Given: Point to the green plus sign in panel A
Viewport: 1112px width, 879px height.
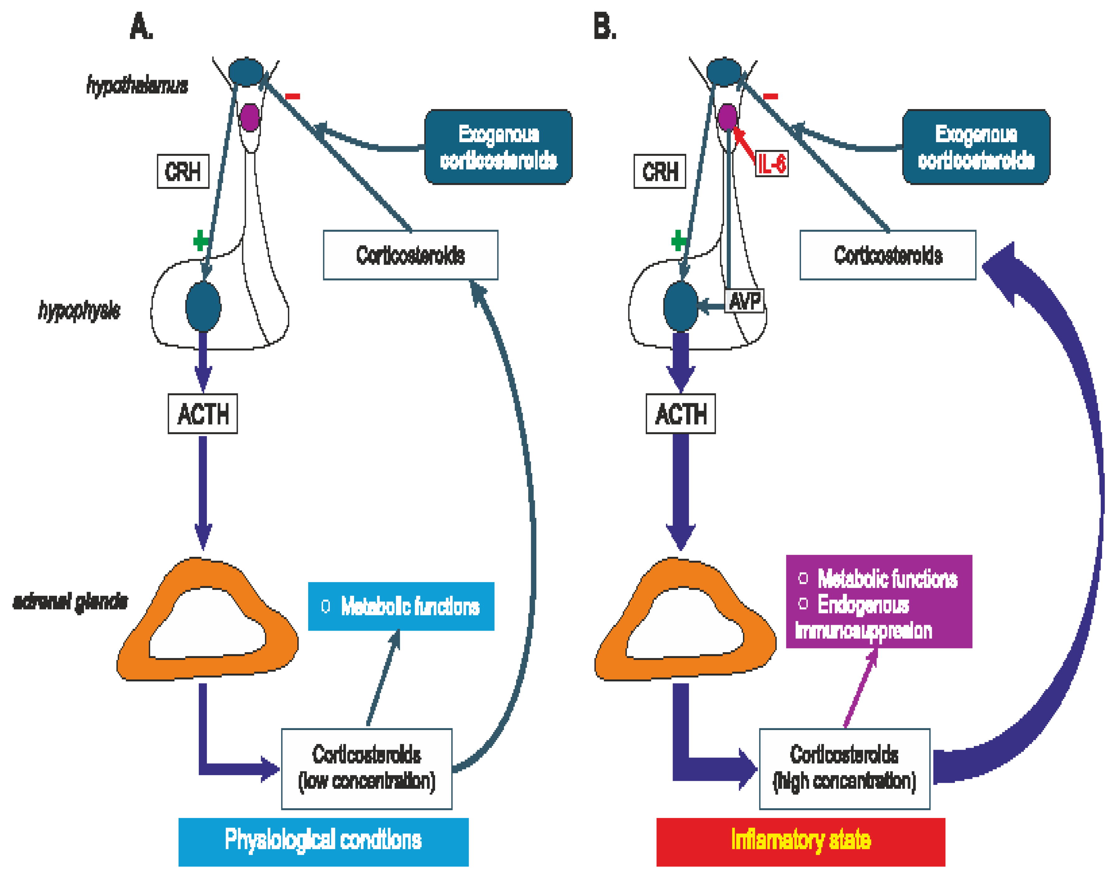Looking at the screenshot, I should [200, 240].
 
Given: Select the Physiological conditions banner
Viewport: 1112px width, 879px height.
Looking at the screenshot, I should [323, 841].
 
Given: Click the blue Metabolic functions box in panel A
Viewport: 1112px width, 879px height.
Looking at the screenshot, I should [401, 606].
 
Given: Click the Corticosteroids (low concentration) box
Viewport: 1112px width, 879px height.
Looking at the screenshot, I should [367, 768].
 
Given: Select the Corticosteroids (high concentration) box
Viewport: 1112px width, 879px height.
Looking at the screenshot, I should [844, 768].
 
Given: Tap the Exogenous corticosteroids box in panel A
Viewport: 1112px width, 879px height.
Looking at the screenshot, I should [498, 147].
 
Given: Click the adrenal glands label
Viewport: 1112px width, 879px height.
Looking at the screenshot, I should [70, 601].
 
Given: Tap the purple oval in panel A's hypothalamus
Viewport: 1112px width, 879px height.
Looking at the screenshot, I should [250, 117].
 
